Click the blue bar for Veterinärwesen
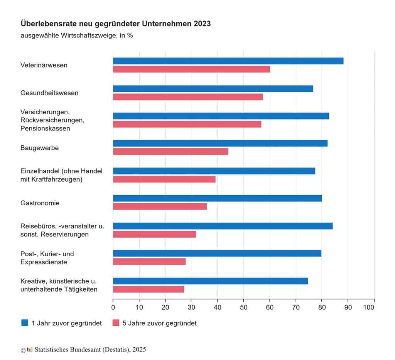228,61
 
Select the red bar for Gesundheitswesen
188,97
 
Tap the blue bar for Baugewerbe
220,143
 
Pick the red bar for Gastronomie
160,206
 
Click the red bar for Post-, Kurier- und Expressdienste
149,262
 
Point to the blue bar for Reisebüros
223,226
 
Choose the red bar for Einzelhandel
164,179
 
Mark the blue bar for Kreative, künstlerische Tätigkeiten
210,281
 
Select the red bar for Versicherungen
187,124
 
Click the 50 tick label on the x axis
244,308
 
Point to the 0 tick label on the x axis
113,308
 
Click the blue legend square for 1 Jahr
25,323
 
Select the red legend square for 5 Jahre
116,323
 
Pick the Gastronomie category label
40,203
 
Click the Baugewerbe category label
39,148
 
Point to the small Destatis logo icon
30,350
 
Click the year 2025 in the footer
139,350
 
